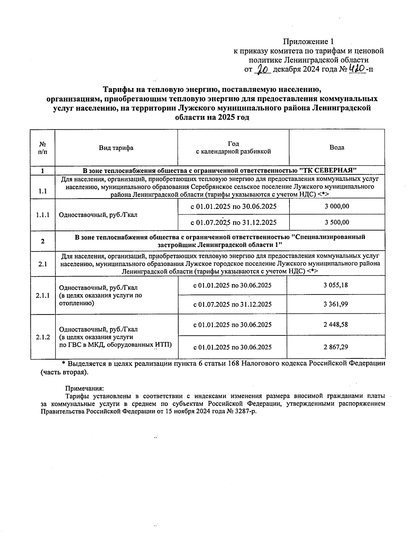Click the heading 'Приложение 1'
click(x=308, y=42)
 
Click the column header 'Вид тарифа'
click(x=116, y=148)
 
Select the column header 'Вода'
click(x=337, y=148)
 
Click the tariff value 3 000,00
click(x=337, y=206)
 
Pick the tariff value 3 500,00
click(x=337, y=222)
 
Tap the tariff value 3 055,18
click(x=336, y=285)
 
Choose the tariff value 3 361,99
click(x=336, y=304)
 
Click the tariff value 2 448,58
click(x=336, y=324)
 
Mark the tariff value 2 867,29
click(x=336, y=347)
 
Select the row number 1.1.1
click(x=43, y=215)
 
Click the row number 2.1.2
click(x=43, y=337)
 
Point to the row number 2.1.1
click(x=43, y=295)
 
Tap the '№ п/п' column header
click(x=43, y=148)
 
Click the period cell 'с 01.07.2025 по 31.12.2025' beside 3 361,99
click(x=232, y=304)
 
